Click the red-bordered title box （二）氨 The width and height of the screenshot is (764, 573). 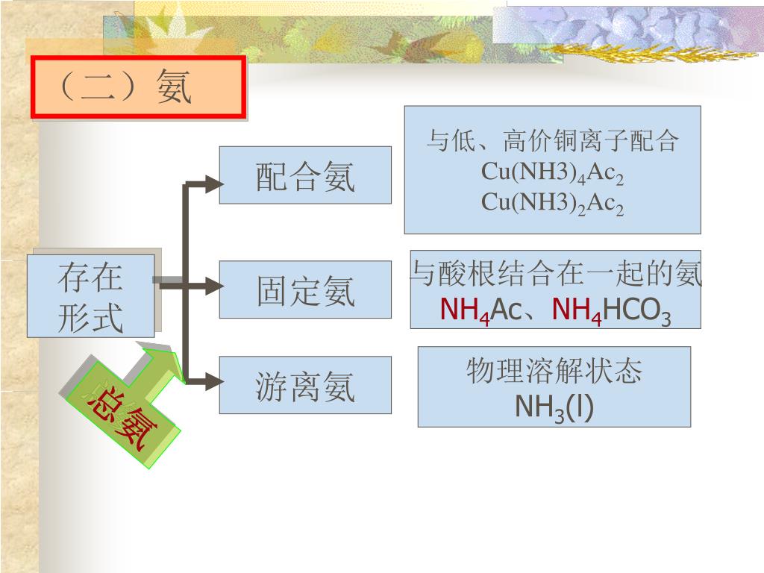coord(138,87)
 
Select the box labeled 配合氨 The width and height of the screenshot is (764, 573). coord(304,175)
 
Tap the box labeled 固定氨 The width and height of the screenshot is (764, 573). coord(304,289)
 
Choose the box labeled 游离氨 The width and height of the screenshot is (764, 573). coord(304,385)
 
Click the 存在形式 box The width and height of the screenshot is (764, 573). coord(90,295)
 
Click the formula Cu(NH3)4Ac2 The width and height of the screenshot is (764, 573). coord(552,172)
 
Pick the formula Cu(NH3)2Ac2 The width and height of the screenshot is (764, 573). coord(552,202)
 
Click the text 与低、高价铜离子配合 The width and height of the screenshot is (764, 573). coord(552,140)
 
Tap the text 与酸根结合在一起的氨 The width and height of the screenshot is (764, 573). coord(557,275)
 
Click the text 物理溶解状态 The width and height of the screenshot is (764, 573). coord(554,371)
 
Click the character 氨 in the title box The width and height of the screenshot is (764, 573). coord(175,87)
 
